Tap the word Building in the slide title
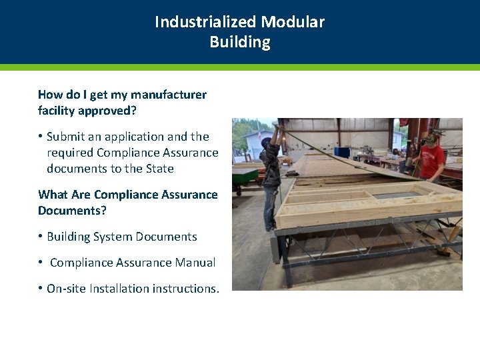click(x=240, y=42)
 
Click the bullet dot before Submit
click(x=41, y=137)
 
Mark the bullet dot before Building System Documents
click(x=41, y=237)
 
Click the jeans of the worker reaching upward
click(x=271, y=207)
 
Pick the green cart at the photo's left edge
click(x=244, y=177)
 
